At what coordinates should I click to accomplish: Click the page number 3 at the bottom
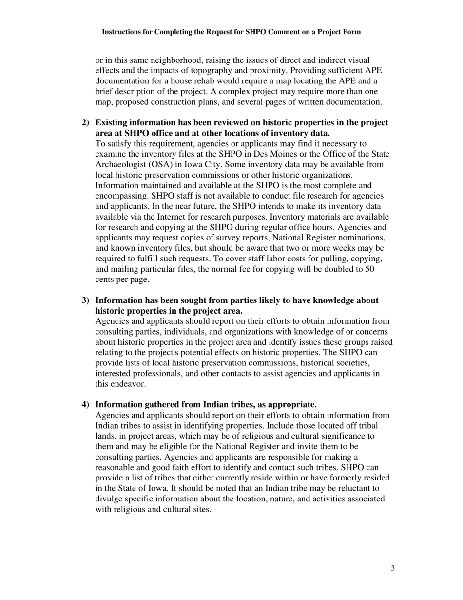(x=393, y=568)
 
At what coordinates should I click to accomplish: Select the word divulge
(x=109, y=499)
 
